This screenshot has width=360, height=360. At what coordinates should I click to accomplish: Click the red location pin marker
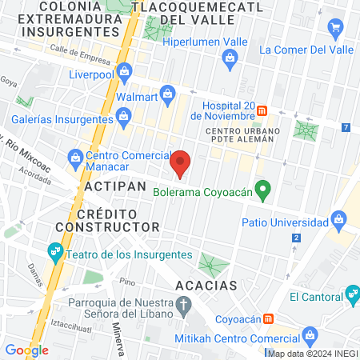181,164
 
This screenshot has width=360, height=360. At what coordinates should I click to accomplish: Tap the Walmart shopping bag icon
167,94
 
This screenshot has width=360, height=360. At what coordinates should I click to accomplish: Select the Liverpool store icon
124,73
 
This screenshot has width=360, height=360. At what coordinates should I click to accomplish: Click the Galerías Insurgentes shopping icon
124,119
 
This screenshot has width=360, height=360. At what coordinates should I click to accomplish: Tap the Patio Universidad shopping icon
341,220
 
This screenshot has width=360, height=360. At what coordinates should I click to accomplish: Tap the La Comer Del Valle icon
336,29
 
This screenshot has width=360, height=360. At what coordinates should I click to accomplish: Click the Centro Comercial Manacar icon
74,155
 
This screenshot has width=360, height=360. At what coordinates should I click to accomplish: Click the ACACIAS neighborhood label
206,285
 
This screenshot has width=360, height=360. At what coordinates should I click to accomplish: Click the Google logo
26,350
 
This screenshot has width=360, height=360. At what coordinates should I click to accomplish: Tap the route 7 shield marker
346,127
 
